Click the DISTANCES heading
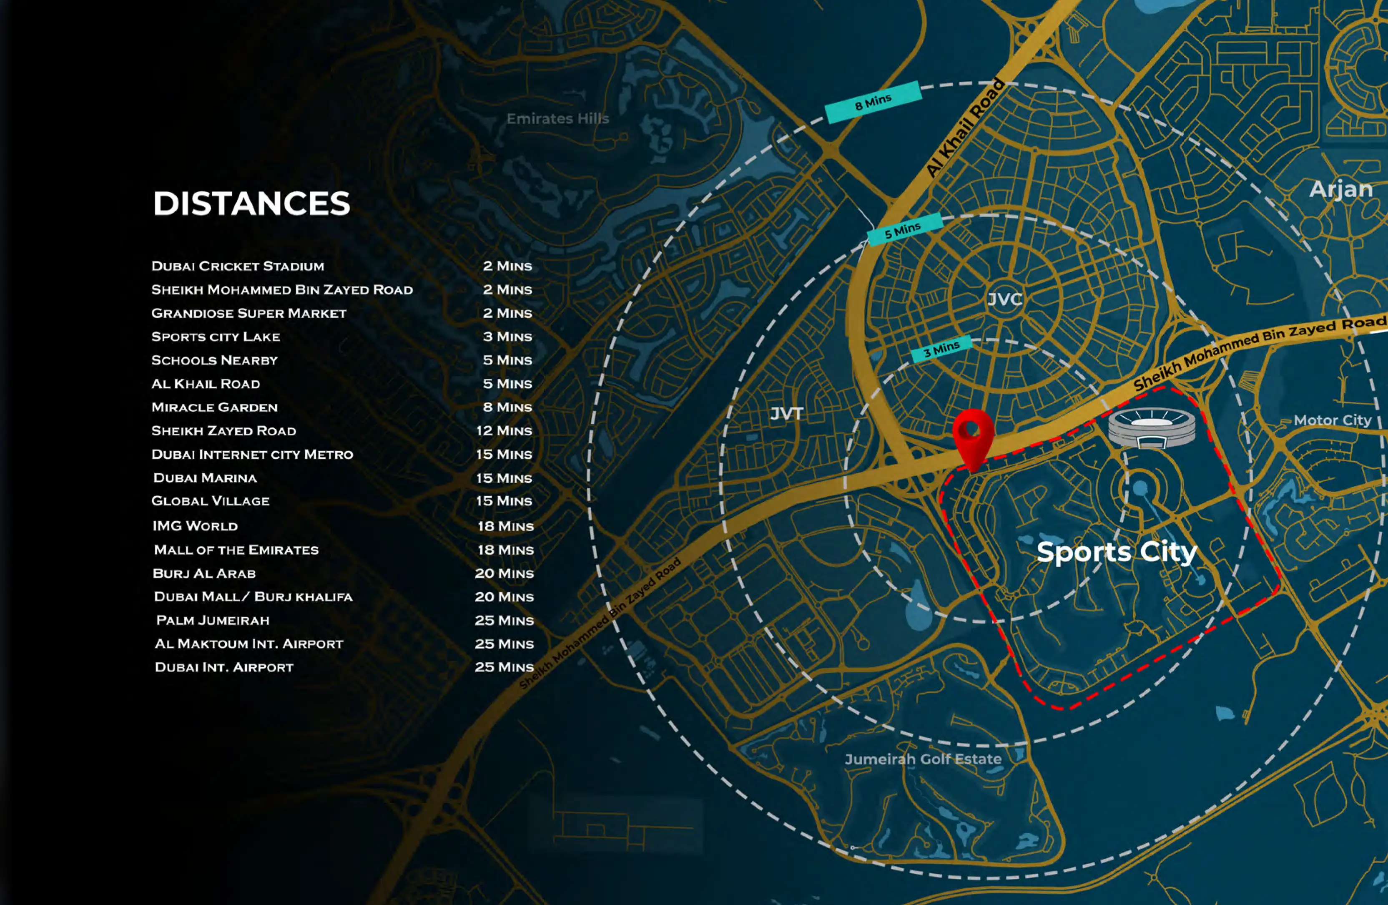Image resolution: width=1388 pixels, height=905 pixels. (x=251, y=204)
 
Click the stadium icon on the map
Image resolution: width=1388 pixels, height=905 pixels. (x=1151, y=428)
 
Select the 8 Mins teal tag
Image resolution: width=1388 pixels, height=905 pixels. (x=873, y=102)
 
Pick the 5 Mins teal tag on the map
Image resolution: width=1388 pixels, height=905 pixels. (x=904, y=230)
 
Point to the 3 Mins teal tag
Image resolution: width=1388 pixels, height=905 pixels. (x=941, y=349)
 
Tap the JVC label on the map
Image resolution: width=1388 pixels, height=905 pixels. (x=1004, y=299)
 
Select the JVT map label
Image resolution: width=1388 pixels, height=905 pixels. (x=787, y=414)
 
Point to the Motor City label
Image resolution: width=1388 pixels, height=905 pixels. (x=1332, y=420)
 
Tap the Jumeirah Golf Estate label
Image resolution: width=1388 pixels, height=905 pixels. (x=923, y=759)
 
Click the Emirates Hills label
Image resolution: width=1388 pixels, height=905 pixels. (x=557, y=119)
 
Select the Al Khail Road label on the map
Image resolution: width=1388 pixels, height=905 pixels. (x=966, y=127)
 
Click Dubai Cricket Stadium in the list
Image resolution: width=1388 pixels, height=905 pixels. (x=237, y=266)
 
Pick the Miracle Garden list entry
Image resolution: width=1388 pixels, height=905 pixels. (x=214, y=407)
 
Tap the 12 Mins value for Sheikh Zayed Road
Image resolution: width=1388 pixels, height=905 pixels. (x=504, y=431)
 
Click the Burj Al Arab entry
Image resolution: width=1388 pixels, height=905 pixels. (x=204, y=573)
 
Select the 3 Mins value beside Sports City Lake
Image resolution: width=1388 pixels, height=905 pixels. (x=507, y=337)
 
